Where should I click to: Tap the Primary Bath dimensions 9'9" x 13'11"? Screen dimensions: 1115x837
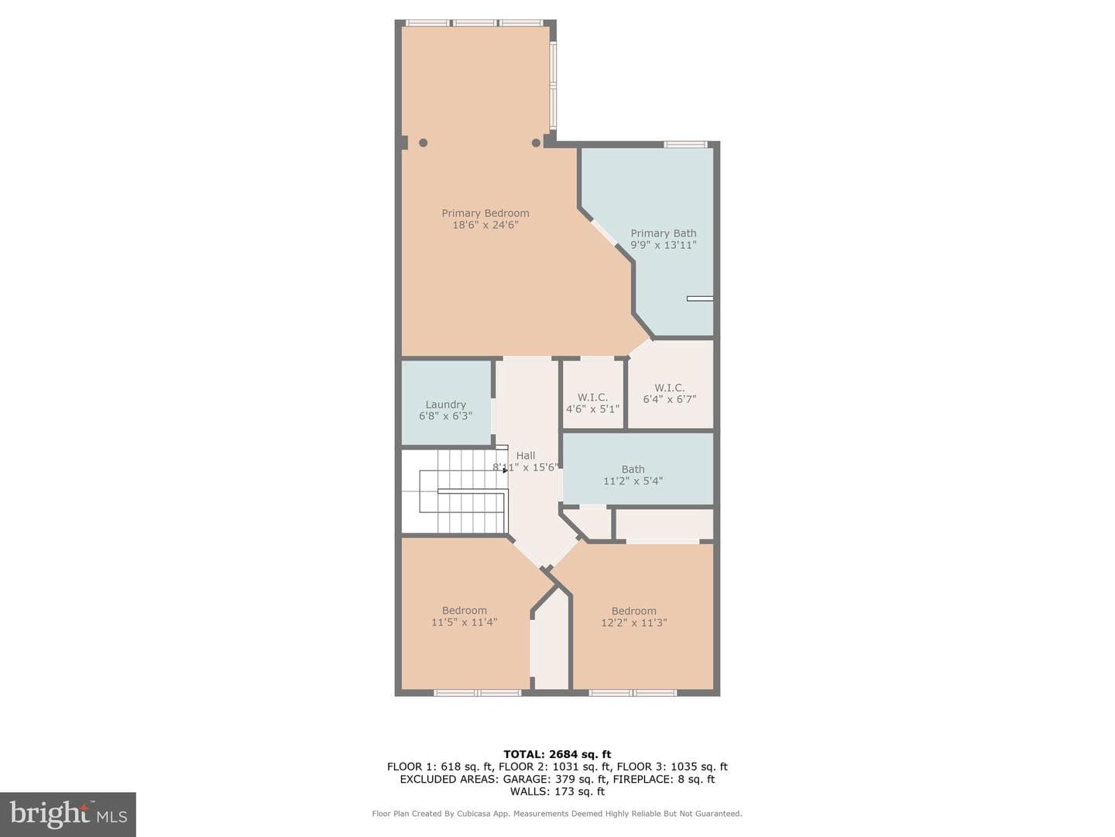(x=664, y=245)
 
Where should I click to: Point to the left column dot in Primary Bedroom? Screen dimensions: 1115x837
(x=423, y=143)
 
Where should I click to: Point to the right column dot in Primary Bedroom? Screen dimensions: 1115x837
(x=536, y=143)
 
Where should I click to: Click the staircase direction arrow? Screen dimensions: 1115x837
(x=506, y=470)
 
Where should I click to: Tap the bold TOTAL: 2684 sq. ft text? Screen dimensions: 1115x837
(x=557, y=755)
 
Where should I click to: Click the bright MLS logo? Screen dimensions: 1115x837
(x=68, y=815)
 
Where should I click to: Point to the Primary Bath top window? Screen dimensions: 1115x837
(x=685, y=144)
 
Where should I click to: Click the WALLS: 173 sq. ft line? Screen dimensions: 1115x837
(x=557, y=791)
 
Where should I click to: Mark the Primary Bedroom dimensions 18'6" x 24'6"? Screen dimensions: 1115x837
(x=485, y=225)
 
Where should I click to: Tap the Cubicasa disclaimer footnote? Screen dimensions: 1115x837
(x=557, y=814)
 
